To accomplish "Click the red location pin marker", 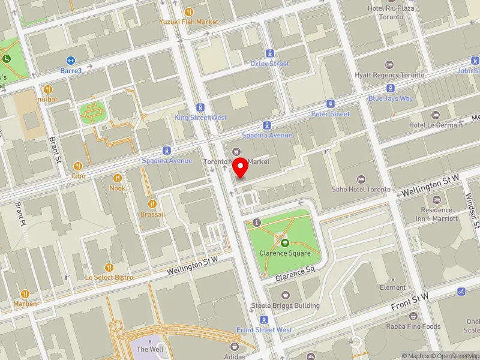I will tap(241, 168).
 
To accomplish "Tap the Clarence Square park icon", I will tap(285, 243).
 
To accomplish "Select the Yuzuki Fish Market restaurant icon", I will tap(189, 11).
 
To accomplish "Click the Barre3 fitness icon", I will tap(70, 60).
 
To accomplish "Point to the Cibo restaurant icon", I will tap(77, 166).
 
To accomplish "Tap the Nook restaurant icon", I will tap(118, 178).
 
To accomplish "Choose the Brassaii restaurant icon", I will tap(152, 204).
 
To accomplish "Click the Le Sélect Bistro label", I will tap(109, 277).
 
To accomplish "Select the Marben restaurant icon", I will tap(25, 293).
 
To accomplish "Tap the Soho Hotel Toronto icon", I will tap(361, 179).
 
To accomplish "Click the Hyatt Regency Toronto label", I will tap(389, 75).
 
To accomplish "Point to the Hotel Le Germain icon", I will tap(436, 115).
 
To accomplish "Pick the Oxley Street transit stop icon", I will tap(270, 53).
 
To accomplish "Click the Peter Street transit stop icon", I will tap(331, 104).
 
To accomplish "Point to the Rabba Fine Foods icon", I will tap(413, 316).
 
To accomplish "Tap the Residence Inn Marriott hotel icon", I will tap(436, 199).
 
